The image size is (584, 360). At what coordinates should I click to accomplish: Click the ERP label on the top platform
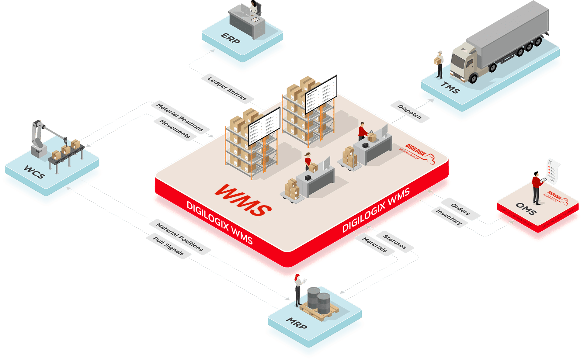[230, 38]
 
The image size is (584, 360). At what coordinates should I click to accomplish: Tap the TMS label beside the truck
[450, 88]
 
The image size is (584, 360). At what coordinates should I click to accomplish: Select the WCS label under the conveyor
[35, 172]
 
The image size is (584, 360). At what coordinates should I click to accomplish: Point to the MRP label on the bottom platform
[297, 323]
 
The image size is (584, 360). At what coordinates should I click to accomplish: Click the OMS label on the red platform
[526, 209]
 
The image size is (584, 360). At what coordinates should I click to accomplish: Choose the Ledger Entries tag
[227, 88]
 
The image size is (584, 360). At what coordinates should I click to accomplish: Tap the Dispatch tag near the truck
[410, 112]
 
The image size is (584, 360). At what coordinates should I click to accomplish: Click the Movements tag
[175, 129]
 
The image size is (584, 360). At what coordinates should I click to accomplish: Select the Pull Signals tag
[168, 246]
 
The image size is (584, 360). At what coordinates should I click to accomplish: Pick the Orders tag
[460, 209]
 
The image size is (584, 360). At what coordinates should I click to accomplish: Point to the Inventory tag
[449, 216]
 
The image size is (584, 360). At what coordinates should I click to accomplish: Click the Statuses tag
[395, 241]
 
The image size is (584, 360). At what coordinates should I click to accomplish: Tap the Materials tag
[374, 244]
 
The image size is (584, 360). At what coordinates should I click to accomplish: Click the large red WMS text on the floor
[243, 200]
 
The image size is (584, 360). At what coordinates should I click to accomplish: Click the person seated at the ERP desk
[253, 8]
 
